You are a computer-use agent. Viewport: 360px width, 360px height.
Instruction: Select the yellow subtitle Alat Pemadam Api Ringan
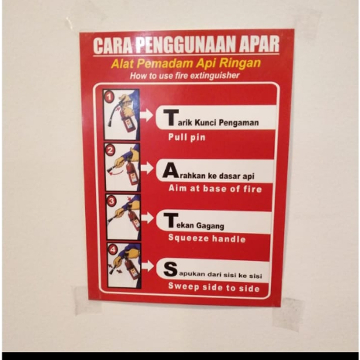pyautogui.click(x=185, y=63)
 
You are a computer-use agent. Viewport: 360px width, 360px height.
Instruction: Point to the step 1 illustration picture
pyautogui.click(x=122, y=115)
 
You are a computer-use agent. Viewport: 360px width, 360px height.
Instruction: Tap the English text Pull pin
pyautogui.click(x=187, y=137)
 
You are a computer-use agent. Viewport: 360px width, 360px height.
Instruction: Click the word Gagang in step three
pyautogui.click(x=209, y=225)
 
